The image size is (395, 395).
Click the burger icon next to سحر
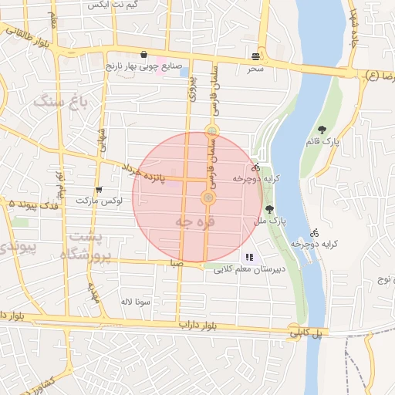(255, 56)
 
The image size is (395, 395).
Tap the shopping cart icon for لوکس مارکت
(98, 190)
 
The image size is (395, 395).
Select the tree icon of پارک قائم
(322, 130)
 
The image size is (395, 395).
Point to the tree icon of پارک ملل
(268, 209)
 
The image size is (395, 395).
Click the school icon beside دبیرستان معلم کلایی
(248, 257)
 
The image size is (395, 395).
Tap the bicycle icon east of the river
(314, 232)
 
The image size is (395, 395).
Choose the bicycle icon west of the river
(255, 167)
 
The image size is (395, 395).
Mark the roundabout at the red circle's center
(208, 198)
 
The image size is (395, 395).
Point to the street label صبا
(178, 263)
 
